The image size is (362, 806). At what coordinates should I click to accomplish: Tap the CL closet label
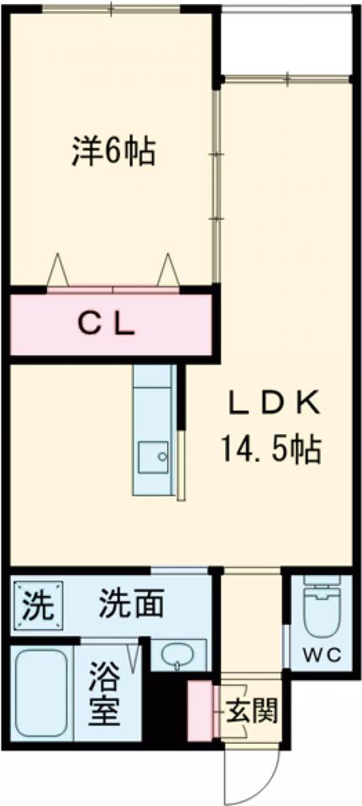[x=106, y=324]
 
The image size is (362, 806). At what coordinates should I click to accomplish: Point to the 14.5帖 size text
[x=271, y=450]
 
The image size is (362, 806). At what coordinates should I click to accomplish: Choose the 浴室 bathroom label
[x=106, y=693]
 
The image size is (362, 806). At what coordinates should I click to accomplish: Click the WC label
[x=322, y=656]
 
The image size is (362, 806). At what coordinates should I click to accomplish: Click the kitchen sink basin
[x=152, y=457]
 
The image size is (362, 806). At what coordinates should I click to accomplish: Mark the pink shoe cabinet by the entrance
[x=200, y=711]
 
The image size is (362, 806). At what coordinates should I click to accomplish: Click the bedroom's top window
[x=112, y=8]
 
